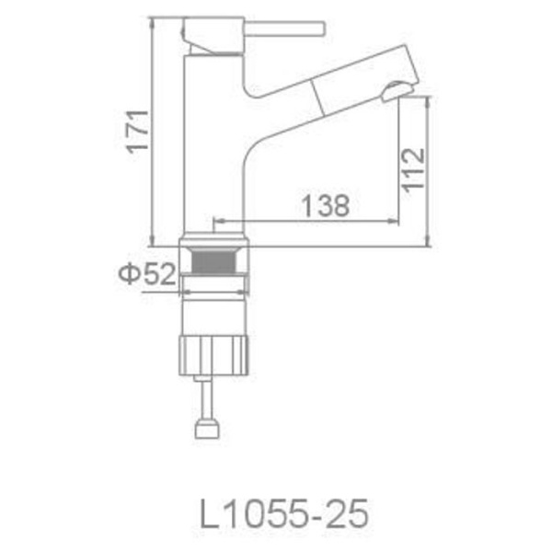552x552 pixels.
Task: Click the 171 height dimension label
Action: [x=138, y=132]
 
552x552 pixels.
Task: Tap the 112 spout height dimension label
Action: [x=413, y=170]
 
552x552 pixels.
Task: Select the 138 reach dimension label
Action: [x=326, y=205]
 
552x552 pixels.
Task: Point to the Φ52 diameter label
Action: [x=147, y=273]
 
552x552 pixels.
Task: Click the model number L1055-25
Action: [x=284, y=513]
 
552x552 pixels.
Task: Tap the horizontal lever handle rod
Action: [x=285, y=29]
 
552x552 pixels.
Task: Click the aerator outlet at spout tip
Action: [x=397, y=90]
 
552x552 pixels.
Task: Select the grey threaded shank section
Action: [x=213, y=260]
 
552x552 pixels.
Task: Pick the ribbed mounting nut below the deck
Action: [x=213, y=355]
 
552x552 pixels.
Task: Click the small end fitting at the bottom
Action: [x=208, y=428]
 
